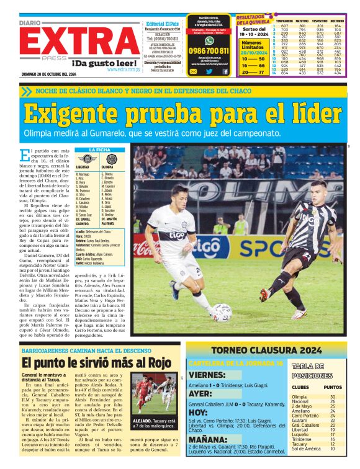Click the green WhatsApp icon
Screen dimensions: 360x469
pos(209,38)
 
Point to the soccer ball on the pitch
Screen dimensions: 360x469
pos(222,312)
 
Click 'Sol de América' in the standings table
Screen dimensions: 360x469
pos(307,449)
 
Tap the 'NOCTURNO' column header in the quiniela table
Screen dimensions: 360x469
pos(337,20)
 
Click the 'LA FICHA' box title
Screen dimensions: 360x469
pos(99,150)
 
